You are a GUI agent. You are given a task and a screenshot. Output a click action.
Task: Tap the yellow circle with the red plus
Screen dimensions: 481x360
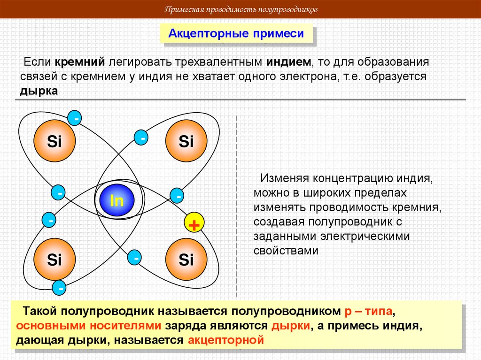[192, 224]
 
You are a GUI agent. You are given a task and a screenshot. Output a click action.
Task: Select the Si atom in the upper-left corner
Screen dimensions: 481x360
[54, 141]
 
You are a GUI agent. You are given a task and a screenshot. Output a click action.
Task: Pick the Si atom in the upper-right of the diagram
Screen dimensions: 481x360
[186, 141]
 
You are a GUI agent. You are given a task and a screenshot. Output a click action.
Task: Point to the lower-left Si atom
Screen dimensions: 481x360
[54, 260]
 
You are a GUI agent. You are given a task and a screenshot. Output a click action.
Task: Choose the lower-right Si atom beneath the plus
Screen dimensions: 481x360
[186, 260]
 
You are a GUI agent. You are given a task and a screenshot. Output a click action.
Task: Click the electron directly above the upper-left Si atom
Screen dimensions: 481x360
[75, 118]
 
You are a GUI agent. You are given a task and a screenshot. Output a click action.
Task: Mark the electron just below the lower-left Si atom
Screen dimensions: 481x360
[60, 286]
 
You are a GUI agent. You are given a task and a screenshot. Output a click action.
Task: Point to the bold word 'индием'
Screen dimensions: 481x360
[288, 62]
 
